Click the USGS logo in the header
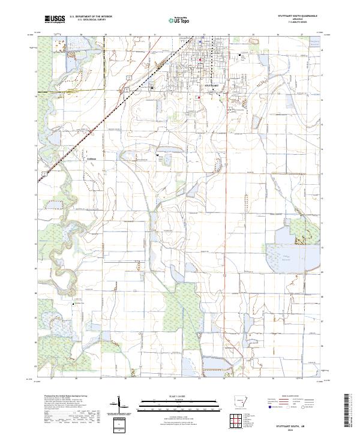pyautogui.click(x=54, y=19)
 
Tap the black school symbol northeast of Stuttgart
pyautogui.click(x=241, y=56)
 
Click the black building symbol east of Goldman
pyautogui.click(x=158, y=155)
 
